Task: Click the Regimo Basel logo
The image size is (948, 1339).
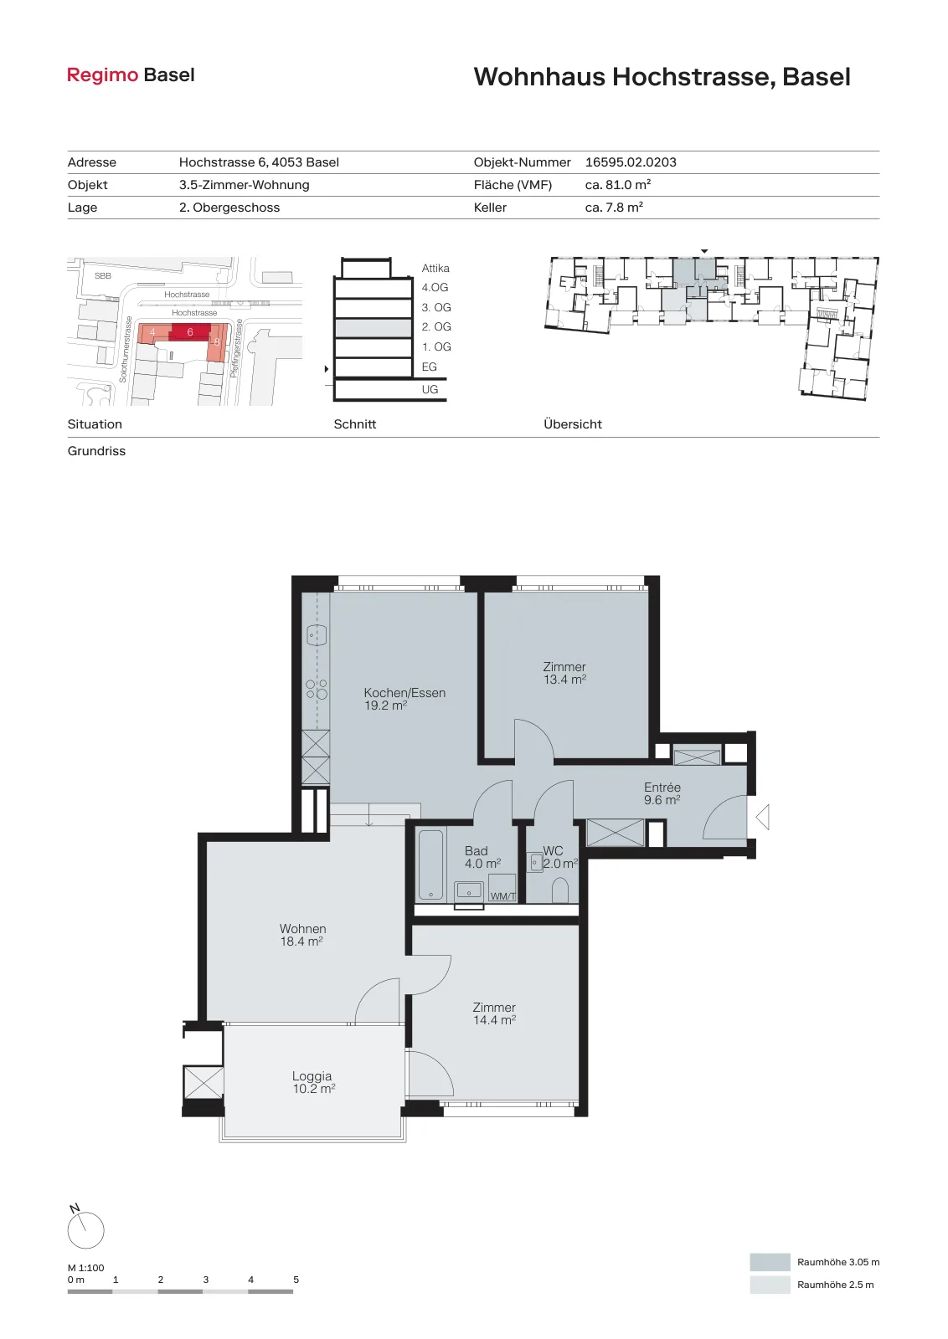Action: click(x=131, y=75)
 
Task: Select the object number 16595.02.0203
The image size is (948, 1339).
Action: click(x=631, y=162)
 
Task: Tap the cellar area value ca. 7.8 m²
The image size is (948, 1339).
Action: click(x=614, y=208)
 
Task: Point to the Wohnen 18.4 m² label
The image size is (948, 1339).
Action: click(x=302, y=935)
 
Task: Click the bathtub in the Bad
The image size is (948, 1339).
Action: click(x=430, y=864)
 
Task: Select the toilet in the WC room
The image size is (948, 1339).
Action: click(x=559, y=890)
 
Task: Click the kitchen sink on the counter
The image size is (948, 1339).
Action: click(x=316, y=634)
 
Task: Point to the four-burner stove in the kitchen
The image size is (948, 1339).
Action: click(x=317, y=689)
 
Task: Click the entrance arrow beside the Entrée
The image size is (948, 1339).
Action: click(x=762, y=818)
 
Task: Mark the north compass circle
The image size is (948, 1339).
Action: click(x=85, y=1230)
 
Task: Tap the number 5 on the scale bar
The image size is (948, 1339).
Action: click(x=296, y=1280)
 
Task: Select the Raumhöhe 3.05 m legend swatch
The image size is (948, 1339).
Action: click(x=770, y=1262)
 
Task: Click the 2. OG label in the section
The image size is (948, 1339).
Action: click(x=436, y=327)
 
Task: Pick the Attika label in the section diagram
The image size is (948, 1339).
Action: click(x=435, y=269)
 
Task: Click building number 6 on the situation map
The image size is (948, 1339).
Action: click(x=190, y=332)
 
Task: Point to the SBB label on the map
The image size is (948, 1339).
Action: click(x=103, y=275)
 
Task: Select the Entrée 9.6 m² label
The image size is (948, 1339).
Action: click(x=662, y=794)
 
